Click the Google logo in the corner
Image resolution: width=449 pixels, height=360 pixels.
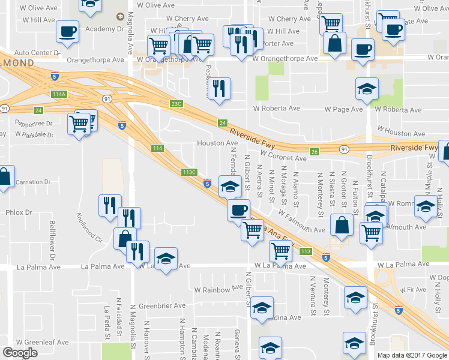pos(20,353)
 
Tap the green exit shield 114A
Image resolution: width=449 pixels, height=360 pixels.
pos(59,94)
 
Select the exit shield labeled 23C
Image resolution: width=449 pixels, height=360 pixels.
pos(175,104)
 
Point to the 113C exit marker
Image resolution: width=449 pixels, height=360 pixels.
pos(189,172)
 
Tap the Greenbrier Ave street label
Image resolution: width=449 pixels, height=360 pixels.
pos(162,305)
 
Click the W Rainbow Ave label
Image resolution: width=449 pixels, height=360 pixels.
pos(218,290)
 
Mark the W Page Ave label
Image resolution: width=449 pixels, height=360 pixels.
pos(344,109)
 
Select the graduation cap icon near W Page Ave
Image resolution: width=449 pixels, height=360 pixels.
pos(367,88)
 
